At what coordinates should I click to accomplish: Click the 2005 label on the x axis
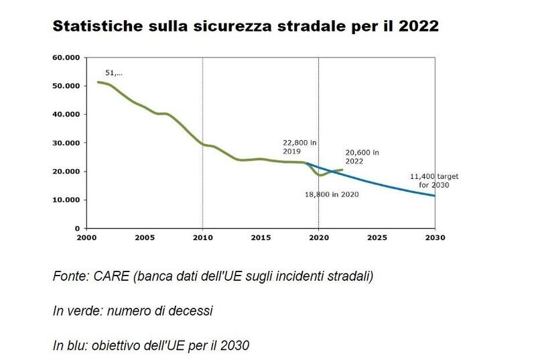point(145,237)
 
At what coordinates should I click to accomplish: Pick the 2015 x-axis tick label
point(261,237)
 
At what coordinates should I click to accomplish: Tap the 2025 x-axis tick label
point(377,237)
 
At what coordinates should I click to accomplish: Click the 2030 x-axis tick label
point(435,237)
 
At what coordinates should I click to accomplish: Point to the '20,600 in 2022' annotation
point(362,157)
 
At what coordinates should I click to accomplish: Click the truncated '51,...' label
point(114,72)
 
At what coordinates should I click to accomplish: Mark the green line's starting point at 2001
point(98,82)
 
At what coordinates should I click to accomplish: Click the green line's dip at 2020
point(321,175)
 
